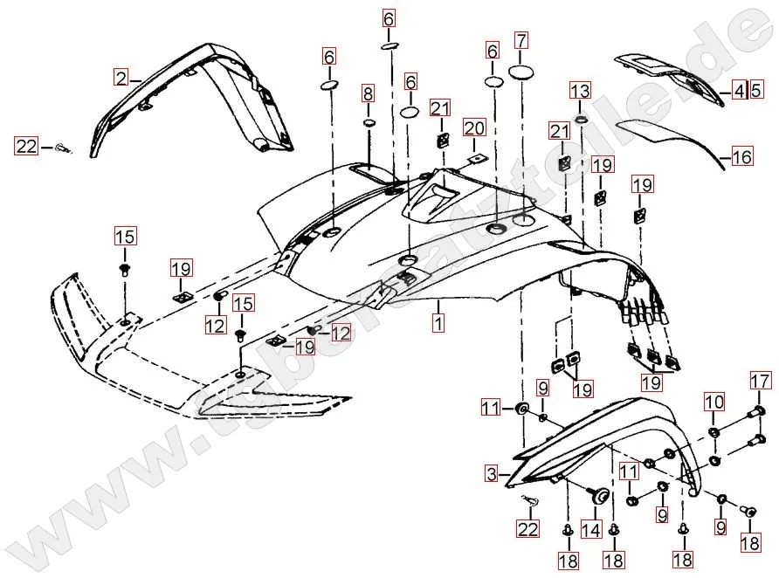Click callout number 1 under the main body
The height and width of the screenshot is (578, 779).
click(438, 322)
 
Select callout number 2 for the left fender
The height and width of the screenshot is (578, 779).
click(121, 77)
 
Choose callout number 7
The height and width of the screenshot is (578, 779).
click(521, 40)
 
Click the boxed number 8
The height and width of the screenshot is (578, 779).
click(368, 93)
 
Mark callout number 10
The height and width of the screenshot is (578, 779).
click(714, 403)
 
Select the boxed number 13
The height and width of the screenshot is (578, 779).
click(581, 90)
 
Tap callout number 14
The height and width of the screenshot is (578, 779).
click(591, 529)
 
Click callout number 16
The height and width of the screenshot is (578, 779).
click(741, 158)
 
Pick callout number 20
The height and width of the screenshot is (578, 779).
click(474, 128)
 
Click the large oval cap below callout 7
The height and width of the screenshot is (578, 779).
click(521, 73)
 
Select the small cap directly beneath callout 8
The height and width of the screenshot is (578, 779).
click(368, 125)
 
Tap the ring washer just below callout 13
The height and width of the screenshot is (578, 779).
click(581, 116)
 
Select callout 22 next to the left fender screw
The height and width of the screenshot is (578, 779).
click(26, 147)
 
